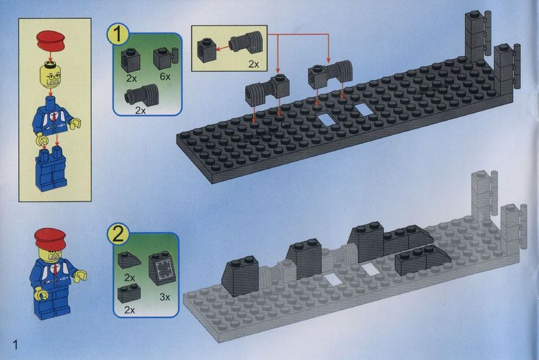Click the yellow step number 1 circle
(x=118, y=35)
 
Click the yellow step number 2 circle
(x=118, y=235)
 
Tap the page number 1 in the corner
(x=14, y=344)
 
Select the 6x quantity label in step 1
(x=165, y=76)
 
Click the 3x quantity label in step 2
(x=165, y=297)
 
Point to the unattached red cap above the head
(x=51, y=40)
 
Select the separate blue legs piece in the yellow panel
(x=51, y=169)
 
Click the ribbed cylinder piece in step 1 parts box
(x=142, y=94)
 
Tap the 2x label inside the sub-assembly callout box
(x=254, y=64)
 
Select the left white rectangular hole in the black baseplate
(x=327, y=119)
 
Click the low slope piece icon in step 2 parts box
(x=129, y=260)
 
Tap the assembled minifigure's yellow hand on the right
(x=80, y=276)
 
